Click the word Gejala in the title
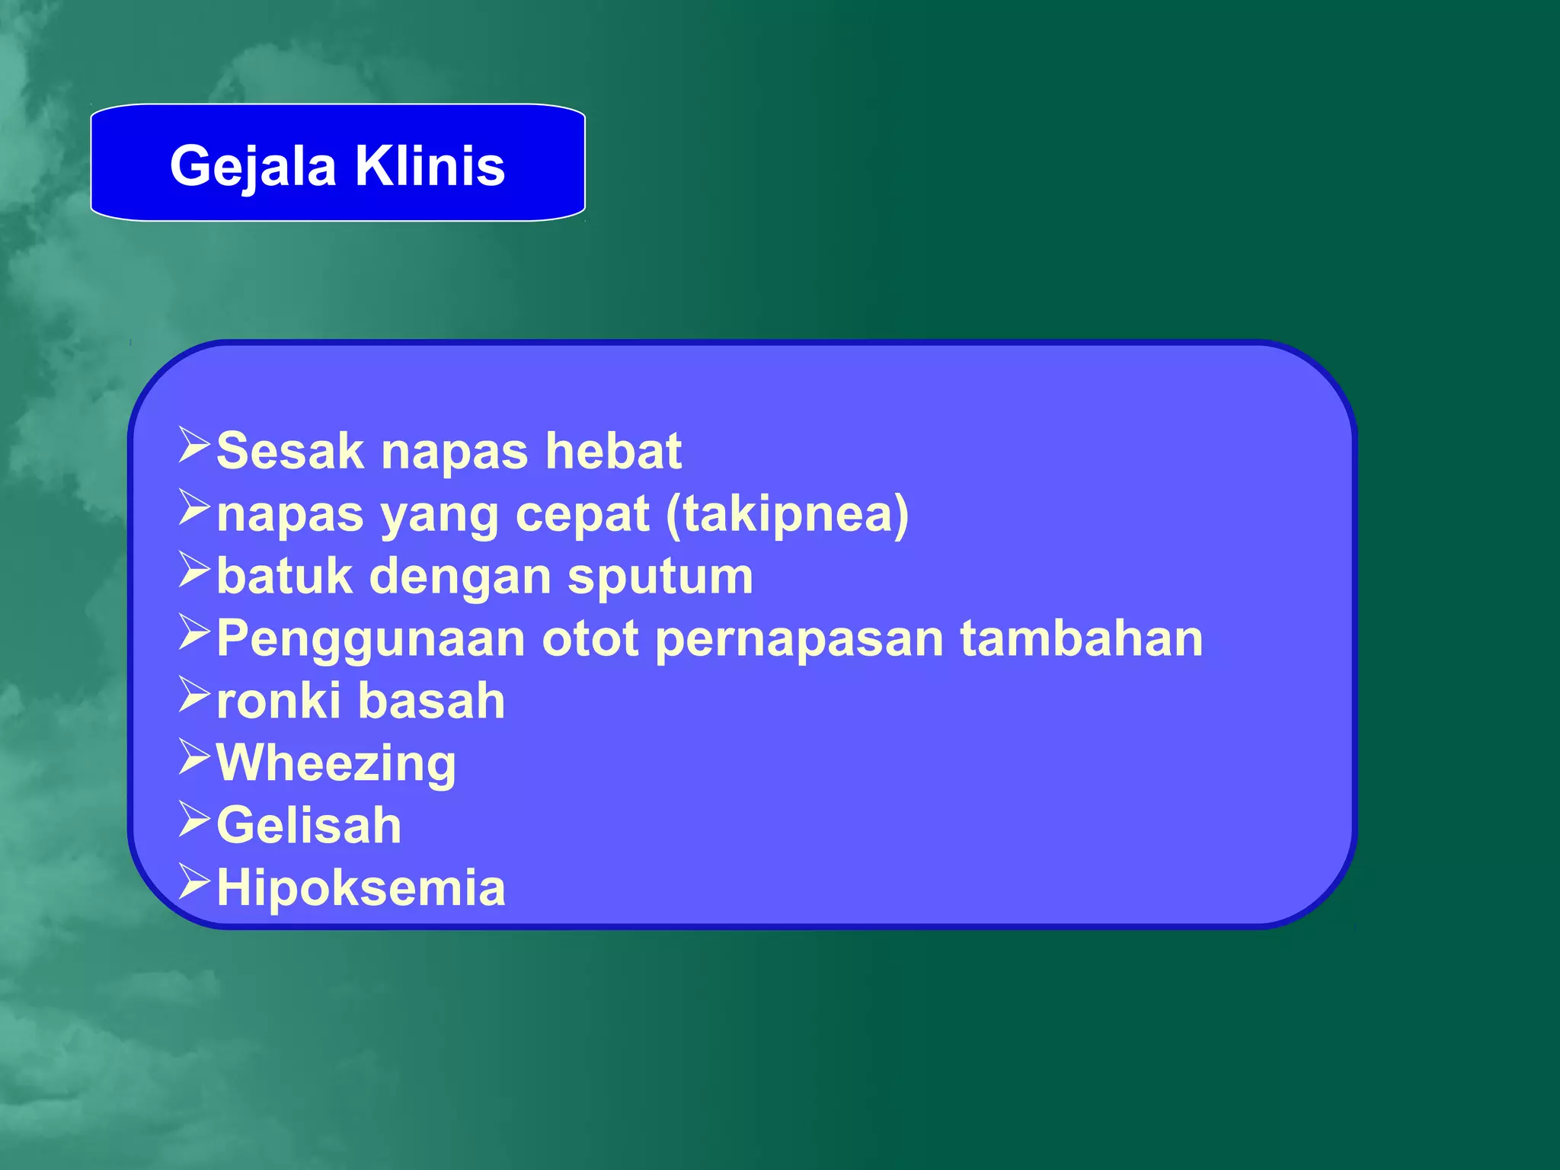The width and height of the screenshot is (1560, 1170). tap(253, 166)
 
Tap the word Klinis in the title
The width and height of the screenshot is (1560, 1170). tap(430, 166)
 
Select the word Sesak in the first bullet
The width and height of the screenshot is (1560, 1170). tap(290, 451)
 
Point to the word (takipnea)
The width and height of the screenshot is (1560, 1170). tap(787, 514)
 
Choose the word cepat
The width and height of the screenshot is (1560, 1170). tap(582, 516)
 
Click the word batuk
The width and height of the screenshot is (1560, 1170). tap(284, 576)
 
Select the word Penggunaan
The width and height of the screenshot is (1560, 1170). tap(371, 640)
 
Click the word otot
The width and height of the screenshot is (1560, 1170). tap(590, 638)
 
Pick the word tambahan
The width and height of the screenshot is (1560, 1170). tap(1081, 638)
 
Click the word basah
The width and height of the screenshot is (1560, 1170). tap(431, 701)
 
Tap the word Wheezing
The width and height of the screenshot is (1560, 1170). tap(336, 764)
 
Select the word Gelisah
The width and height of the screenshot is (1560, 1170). tap(308, 826)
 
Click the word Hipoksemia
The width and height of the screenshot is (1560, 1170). tap(361, 888)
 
